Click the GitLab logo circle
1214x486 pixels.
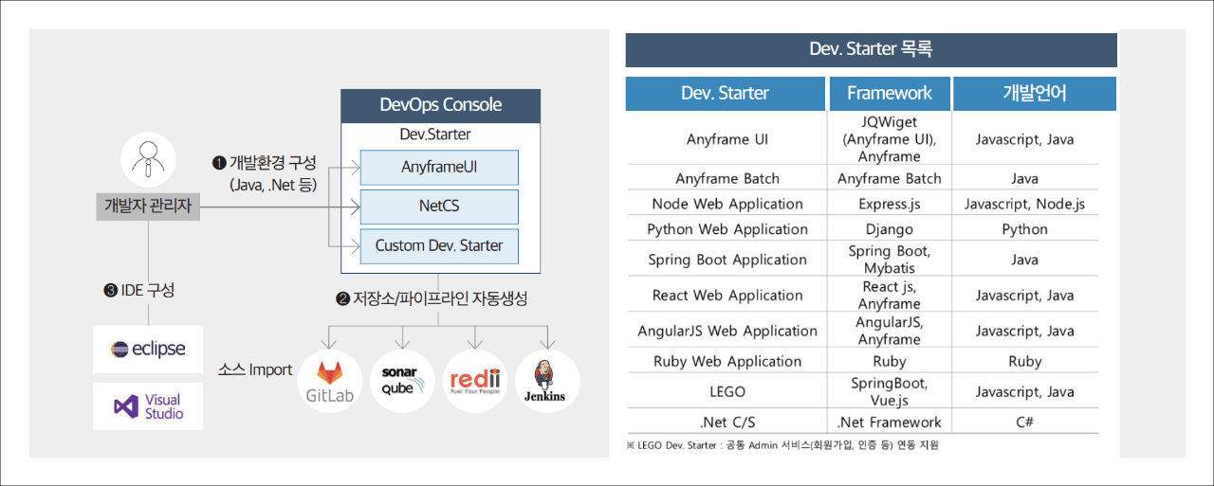tap(329, 382)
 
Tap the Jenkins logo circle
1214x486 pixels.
tap(547, 382)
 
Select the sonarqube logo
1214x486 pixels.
tap(402, 382)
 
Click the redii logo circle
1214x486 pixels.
tap(475, 382)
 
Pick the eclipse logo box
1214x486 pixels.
tap(148, 349)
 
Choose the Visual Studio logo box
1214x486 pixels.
tap(148, 406)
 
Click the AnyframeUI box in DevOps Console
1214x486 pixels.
tap(439, 168)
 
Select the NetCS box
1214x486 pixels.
tap(439, 207)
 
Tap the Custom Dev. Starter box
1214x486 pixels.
tap(439, 246)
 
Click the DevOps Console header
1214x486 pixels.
tap(441, 105)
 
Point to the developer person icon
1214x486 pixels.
tap(148, 160)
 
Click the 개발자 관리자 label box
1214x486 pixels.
tap(148, 207)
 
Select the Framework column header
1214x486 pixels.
tap(890, 94)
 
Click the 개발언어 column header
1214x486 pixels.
tap(1035, 94)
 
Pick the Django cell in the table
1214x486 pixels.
tap(890, 229)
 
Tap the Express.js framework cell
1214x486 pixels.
tap(890, 204)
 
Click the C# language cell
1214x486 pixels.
tap(1024, 423)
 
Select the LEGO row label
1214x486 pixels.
tap(727, 391)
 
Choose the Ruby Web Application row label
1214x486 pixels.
tap(727, 361)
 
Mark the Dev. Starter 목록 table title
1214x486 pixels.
tap(871, 50)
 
